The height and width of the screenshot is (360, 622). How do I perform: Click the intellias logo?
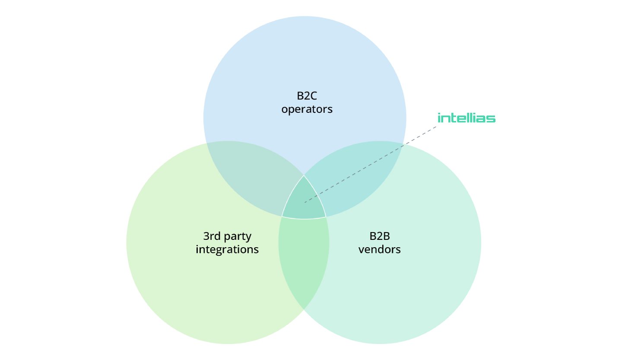click(x=466, y=118)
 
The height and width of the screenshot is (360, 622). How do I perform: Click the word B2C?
click(x=307, y=96)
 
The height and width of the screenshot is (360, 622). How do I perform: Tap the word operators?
click(x=307, y=109)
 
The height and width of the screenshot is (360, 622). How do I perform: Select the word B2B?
click(x=380, y=236)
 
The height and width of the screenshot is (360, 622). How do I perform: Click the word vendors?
click(x=380, y=249)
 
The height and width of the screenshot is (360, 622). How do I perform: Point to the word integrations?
click(x=227, y=249)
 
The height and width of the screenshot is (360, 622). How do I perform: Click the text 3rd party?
click(x=227, y=236)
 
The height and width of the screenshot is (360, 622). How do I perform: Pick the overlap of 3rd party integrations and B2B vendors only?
click(x=304, y=259)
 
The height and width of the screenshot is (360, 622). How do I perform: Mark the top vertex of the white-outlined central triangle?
click(x=304, y=175)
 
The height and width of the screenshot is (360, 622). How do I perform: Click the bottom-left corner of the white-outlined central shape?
click(x=282, y=216)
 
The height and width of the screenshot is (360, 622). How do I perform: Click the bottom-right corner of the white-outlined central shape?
click(x=326, y=217)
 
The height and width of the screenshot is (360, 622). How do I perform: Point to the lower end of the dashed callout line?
click(x=305, y=202)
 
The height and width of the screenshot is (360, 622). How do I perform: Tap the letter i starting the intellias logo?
click(x=439, y=118)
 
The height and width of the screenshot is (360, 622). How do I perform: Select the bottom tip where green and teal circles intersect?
click(x=304, y=309)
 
